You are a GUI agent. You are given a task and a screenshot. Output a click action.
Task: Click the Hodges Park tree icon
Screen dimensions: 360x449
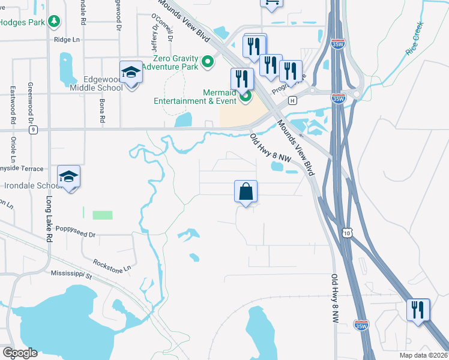pos(55,22)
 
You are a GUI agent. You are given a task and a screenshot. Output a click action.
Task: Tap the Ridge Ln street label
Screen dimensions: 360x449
pos(66,40)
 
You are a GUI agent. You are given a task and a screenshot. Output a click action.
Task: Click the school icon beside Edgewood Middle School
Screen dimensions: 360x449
pos(130,73)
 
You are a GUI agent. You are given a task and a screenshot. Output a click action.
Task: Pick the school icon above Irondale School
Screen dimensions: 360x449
pos(68,176)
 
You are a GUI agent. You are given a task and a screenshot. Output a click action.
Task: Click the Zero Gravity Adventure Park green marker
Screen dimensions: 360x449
pos(208,61)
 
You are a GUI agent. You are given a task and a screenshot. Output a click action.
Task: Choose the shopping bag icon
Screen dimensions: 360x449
pos(246,191)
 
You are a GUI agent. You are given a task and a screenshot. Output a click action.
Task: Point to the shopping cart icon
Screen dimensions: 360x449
pos(271,2)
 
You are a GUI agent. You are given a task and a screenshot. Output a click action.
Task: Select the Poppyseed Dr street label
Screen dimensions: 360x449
pos(76,229)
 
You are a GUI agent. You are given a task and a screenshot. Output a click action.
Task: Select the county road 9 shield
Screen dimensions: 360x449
pos(33,129)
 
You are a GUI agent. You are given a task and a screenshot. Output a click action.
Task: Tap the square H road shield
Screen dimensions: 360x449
pos(292,100)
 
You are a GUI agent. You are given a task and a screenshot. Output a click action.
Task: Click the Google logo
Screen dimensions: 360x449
pos(20,353)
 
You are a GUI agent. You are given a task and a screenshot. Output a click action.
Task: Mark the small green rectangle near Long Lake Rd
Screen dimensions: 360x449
pos(102,215)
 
